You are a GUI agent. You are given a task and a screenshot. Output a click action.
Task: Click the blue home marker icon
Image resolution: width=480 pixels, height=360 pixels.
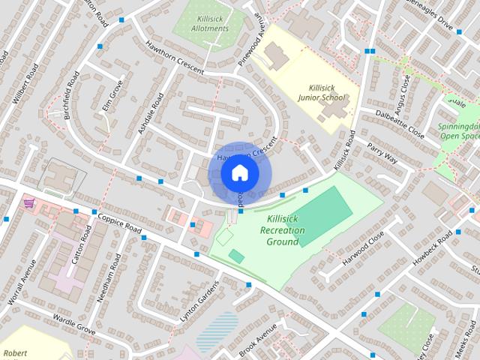tap(239, 173)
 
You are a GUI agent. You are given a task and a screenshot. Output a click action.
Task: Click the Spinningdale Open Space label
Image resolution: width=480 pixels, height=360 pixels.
tap(459, 131)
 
